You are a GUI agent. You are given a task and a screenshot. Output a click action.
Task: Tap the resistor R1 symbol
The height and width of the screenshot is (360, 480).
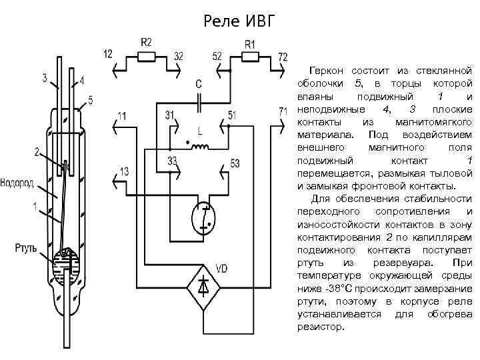[250, 57]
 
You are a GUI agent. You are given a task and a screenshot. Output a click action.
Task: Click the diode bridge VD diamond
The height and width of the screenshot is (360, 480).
[205, 286]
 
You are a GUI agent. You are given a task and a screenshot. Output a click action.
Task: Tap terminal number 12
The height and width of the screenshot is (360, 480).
[109, 54]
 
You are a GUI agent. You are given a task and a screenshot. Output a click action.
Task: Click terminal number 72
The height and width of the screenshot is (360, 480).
[283, 55]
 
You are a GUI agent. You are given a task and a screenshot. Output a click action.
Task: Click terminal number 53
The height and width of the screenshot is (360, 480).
[235, 162]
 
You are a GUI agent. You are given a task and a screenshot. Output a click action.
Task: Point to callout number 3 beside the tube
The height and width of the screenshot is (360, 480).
[45, 78]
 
